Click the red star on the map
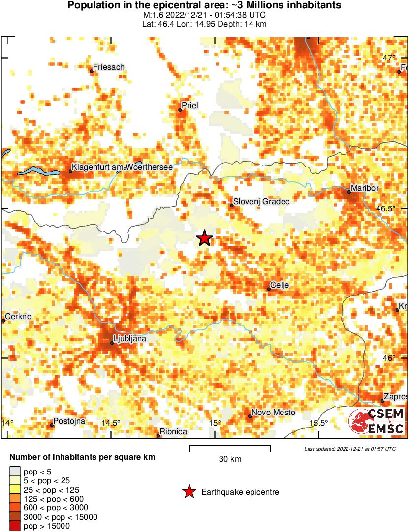[x=204, y=238]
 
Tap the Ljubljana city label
[x=130, y=338]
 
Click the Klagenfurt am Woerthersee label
[x=122, y=168]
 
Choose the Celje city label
[x=280, y=285]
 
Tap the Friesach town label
[x=109, y=67]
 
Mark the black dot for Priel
[x=180, y=110]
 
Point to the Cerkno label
[x=18, y=317]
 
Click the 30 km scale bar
[x=230, y=447]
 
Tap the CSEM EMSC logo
[x=377, y=421]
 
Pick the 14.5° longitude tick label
[x=111, y=423]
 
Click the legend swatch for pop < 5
[x=15, y=472]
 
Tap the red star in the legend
[x=189, y=492]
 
